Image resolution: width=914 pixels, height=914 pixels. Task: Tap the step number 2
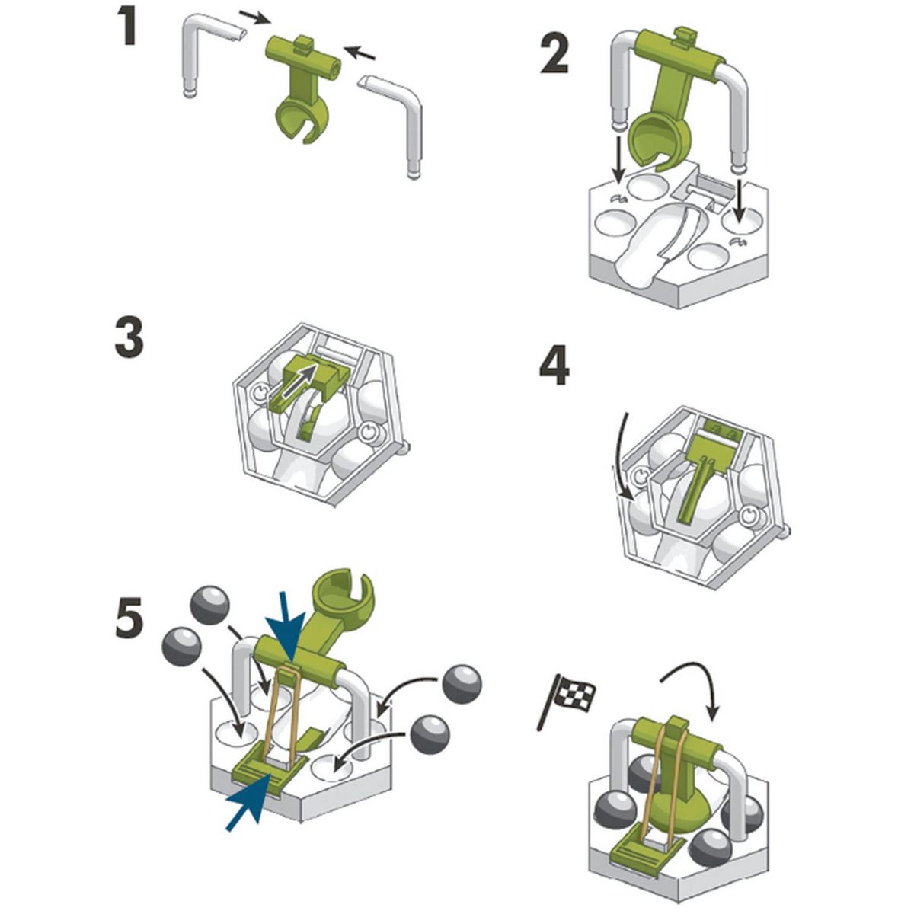pos(555,54)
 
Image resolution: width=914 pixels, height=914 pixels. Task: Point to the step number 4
pos(554,368)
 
